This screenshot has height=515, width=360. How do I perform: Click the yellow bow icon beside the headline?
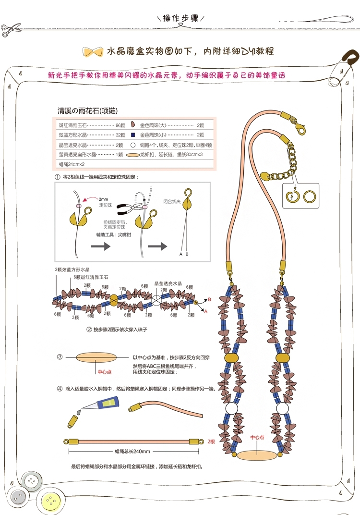click(x=93, y=51)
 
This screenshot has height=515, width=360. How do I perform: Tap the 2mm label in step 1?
click(x=104, y=199)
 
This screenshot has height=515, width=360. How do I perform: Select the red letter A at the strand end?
click(x=205, y=311)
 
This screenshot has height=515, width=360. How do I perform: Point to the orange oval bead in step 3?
click(x=96, y=358)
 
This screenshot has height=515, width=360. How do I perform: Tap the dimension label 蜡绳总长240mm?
click(x=132, y=451)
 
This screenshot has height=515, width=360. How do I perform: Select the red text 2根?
click(x=211, y=441)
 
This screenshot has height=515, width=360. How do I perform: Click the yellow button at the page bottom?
click(x=49, y=503)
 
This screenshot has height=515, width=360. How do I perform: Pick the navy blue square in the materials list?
click(x=132, y=135)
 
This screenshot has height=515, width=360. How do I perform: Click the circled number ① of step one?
click(x=58, y=177)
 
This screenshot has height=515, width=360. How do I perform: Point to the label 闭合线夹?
click(x=171, y=202)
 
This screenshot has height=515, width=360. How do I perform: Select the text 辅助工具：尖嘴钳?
click(x=113, y=235)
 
